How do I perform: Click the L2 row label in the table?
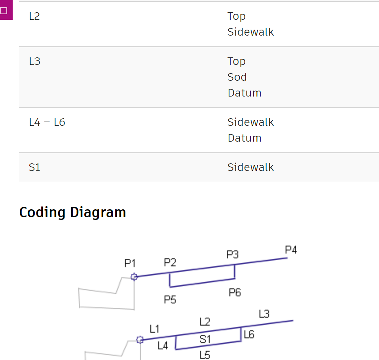(x=34, y=17)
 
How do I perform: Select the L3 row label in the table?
(x=34, y=62)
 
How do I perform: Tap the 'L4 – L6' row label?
(x=47, y=123)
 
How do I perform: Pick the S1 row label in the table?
(x=34, y=168)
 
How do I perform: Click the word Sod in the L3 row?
(x=237, y=77)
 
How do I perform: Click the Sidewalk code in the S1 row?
(x=250, y=168)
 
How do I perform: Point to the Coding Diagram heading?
(x=72, y=212)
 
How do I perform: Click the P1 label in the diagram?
(x=130, y=263)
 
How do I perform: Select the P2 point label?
(x=170, y=262)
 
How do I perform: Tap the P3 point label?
(x=233, y=255)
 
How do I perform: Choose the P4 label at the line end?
(x=291, y=250)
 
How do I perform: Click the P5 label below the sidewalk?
(x=170, y=300)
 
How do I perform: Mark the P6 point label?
(x=235, y=293)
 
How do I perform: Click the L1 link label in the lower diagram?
(x=154, y=329)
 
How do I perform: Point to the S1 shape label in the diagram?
(x=205, y=339)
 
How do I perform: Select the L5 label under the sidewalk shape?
(x=205, y=355)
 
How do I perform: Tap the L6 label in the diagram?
(x=249, y=335)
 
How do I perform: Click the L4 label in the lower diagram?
(x=163, y=346)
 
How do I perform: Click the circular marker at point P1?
(x=134, y=277)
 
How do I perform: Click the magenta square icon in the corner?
(x=4, y=10)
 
